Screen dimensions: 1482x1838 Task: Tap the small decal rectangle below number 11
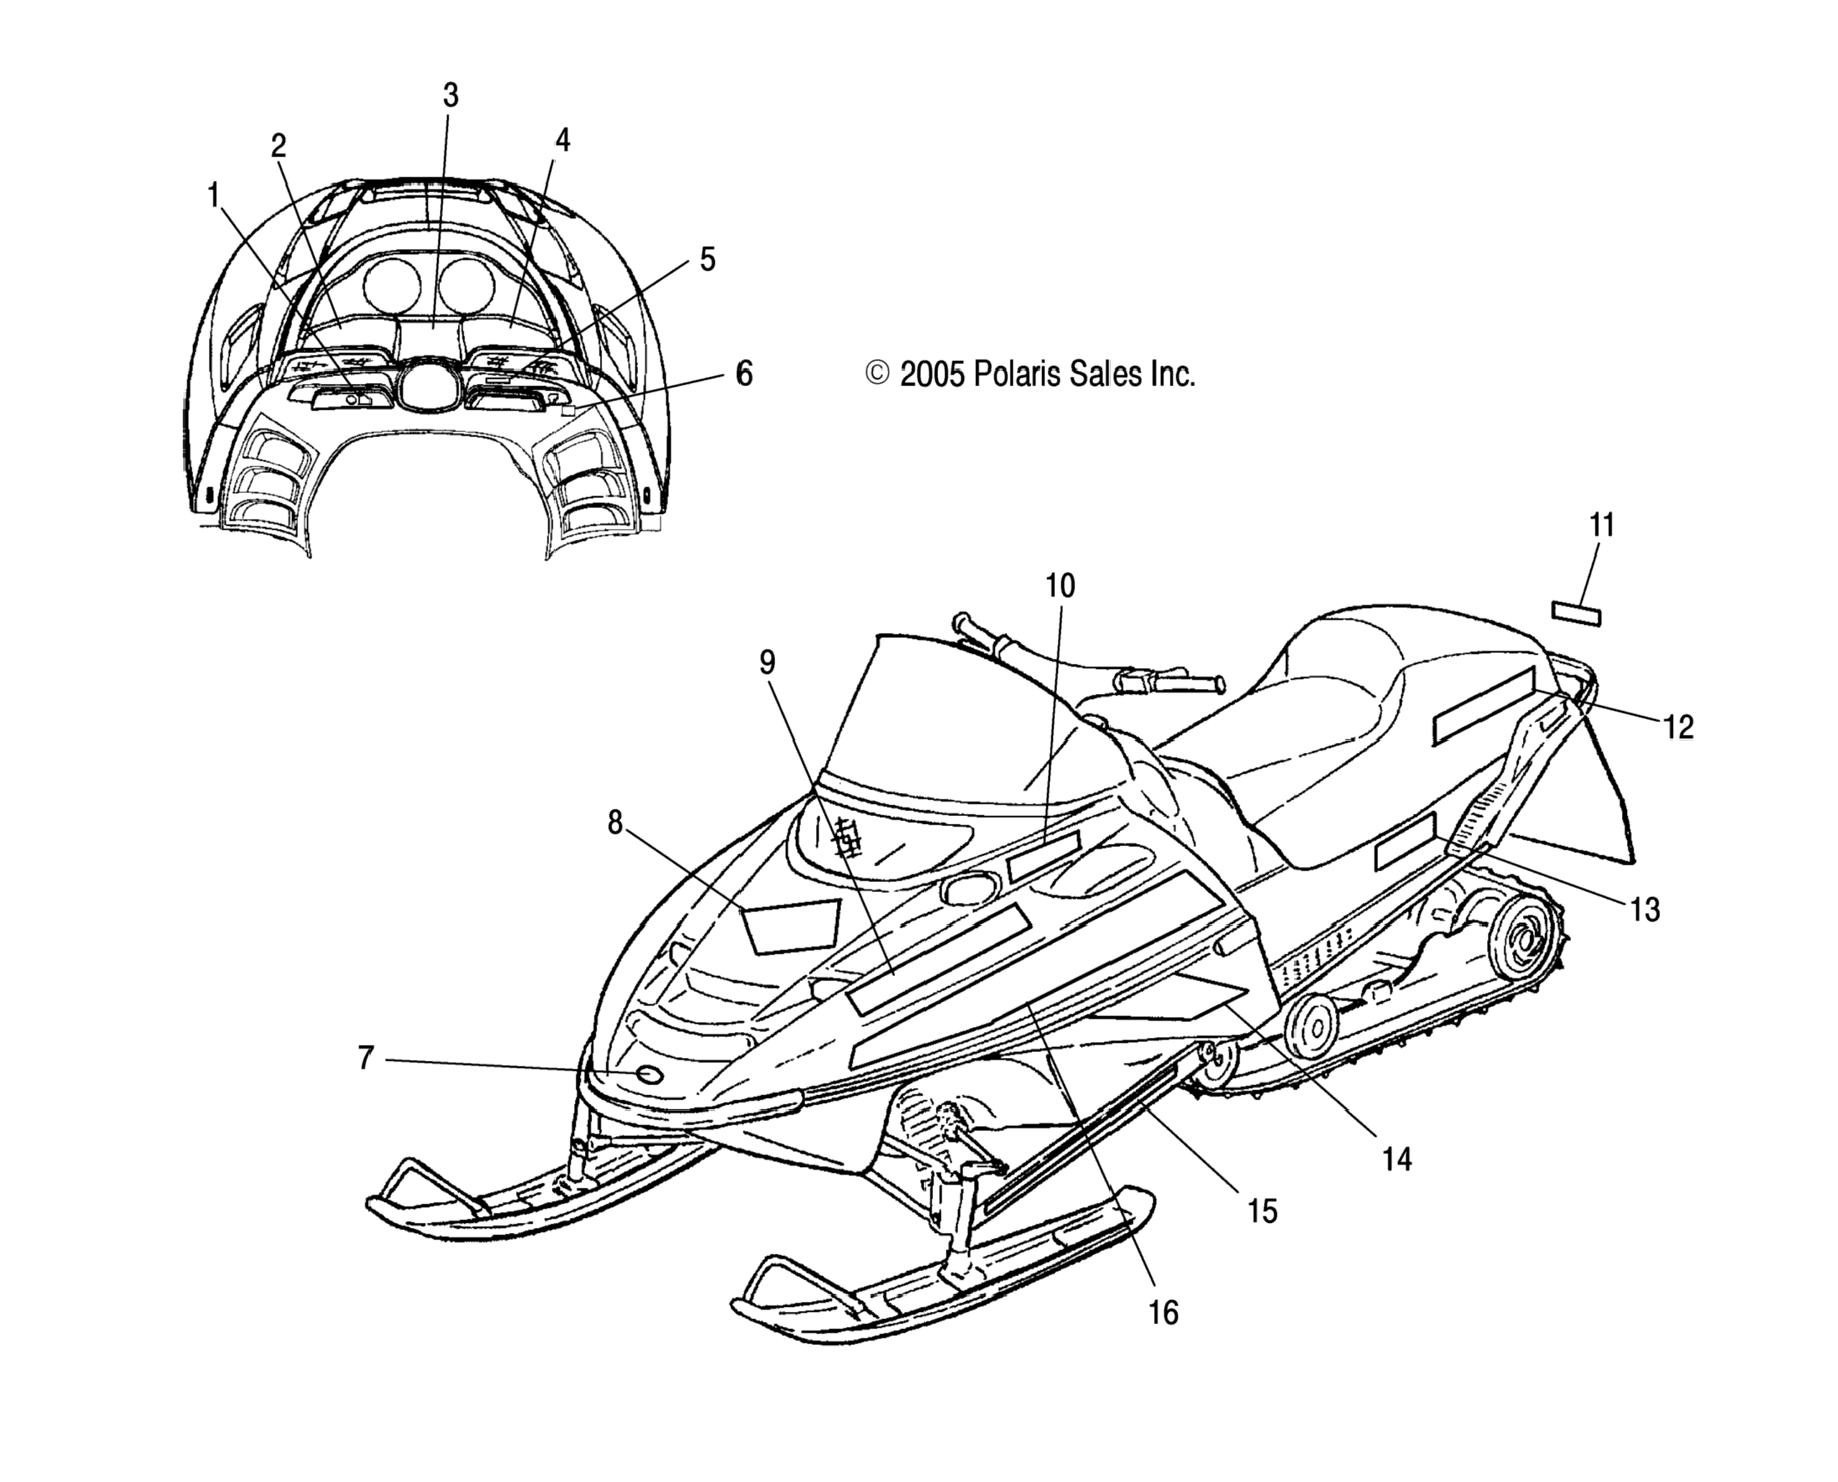pos(1576,614)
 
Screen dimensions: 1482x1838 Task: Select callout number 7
pos(365,1058)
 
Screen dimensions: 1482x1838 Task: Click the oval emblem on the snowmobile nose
pos(649,1074)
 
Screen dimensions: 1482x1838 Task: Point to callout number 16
pos(1163,1312)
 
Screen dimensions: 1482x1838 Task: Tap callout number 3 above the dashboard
pos(451,95)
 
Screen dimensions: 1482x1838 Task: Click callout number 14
pos(1397,1159)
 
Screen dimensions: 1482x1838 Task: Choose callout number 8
pos(614,822)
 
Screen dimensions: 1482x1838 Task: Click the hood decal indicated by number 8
pos(789,924)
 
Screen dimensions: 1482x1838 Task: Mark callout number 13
pos(1645,910)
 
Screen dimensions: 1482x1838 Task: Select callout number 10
pos(1060,586)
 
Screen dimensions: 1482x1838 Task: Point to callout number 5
pos(707,258)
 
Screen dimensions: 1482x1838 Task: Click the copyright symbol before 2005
pos(878,374)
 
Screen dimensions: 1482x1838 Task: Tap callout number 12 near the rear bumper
pos(1677,726)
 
